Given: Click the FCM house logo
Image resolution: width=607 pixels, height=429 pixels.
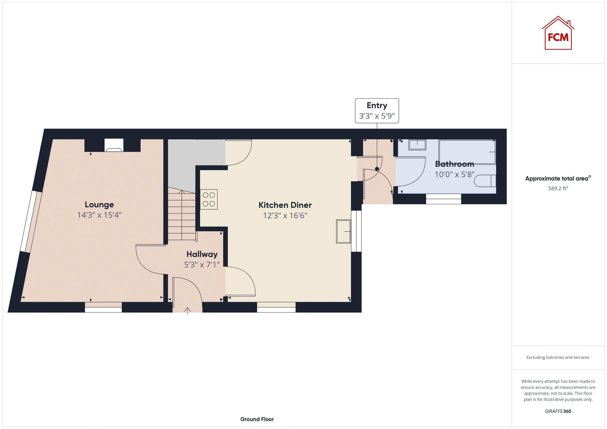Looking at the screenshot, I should click(558, 34).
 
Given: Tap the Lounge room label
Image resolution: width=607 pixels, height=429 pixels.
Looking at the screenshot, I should click(99, 205).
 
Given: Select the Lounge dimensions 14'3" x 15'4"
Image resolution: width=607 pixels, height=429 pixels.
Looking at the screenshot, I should click(99, 215).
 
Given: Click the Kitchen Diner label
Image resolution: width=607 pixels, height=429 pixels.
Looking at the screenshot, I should click(285, 205).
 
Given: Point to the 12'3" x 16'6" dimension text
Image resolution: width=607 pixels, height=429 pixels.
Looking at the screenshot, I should click(285, 216).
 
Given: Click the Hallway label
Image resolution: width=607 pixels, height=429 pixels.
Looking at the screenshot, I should click(202, 254).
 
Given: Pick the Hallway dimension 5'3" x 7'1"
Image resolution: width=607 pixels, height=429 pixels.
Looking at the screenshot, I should click(202, 264).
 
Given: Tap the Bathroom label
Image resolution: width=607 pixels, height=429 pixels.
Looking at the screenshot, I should click(454, 164).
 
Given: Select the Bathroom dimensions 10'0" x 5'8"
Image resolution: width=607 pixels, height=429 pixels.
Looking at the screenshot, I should click(454, 174).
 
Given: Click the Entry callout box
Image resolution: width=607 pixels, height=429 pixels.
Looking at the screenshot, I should click(377, 111).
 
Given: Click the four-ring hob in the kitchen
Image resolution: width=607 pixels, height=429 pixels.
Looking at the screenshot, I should click(209, 199).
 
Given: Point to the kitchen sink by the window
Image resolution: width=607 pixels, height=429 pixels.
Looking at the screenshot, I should click(343, 231).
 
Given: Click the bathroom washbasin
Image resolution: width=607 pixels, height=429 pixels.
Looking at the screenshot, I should click(417, 145).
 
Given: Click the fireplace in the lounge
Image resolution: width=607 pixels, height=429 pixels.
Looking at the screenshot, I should click(114, 145).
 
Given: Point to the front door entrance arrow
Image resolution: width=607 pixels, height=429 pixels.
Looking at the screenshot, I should click(187, 311).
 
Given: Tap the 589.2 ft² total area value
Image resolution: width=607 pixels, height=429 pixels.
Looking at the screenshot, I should click(558, 188).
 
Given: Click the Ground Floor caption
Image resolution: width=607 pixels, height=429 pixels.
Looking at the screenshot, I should click(257, 419).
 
